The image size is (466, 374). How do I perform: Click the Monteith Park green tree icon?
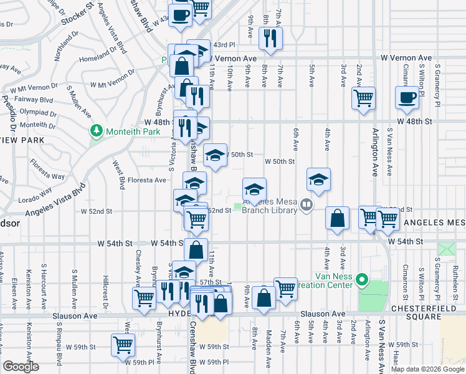pos(96,131)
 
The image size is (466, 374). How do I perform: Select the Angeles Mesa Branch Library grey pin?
pos(306,204)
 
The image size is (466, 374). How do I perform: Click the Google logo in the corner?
pos(21,367)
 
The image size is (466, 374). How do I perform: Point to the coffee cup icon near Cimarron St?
pos(407,97)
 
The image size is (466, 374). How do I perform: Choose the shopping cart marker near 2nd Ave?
pos(363,97)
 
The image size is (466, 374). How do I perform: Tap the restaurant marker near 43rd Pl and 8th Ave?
pos(270,38)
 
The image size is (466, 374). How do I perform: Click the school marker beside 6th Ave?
pos(318,180)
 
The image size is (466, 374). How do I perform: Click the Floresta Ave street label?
pos(147,180)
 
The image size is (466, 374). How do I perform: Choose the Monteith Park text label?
pos(127,131)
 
